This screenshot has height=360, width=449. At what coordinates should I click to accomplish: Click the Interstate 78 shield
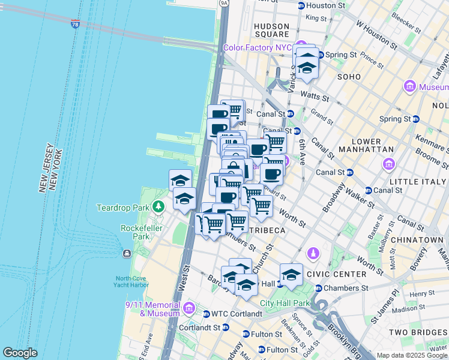(x=75, y=24)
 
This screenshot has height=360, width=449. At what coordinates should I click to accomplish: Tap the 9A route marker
(x=224, y=3)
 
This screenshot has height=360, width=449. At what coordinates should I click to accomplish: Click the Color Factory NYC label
(x=257, y=47)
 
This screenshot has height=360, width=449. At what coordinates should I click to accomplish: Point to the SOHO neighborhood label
(x=349, y=77)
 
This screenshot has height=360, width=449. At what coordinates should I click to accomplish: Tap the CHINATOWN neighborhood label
(x=417, y=240)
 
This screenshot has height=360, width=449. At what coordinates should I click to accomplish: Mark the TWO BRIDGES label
(x=415, y=332)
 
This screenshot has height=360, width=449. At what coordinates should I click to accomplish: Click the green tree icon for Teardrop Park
(x=158, y=208)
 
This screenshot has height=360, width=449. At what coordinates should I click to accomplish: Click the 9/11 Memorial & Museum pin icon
(x=189, y=308)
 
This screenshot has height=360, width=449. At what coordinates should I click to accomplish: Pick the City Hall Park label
(x=285, y=303)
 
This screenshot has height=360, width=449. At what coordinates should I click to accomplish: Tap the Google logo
(x=20, y=353)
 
